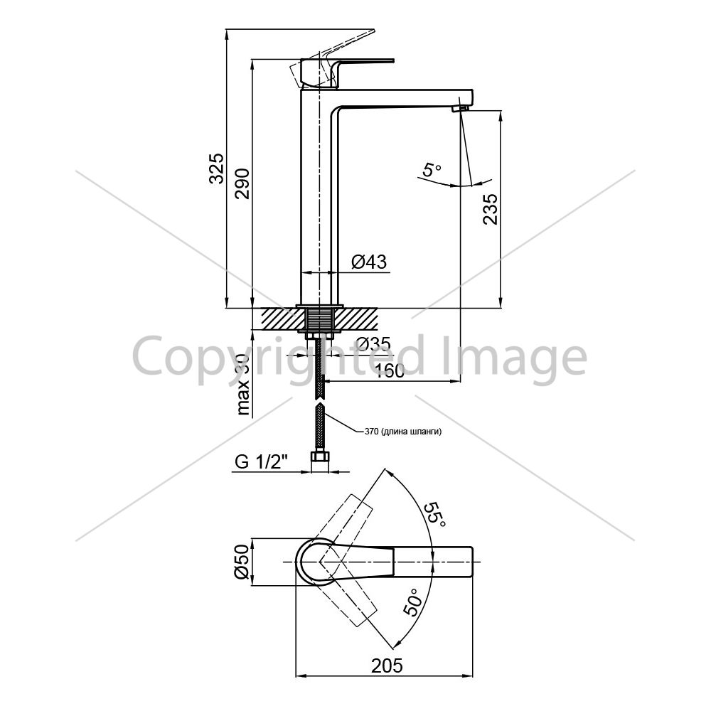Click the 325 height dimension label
(217, 169)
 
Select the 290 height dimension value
(242, 183)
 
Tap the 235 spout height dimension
(490, 209)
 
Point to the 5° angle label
(432, 170)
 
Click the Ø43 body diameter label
(369, 262)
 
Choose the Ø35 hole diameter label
(373, 345)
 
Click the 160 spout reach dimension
(390, 370)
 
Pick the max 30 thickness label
(243, 384)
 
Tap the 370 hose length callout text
(403, 432)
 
